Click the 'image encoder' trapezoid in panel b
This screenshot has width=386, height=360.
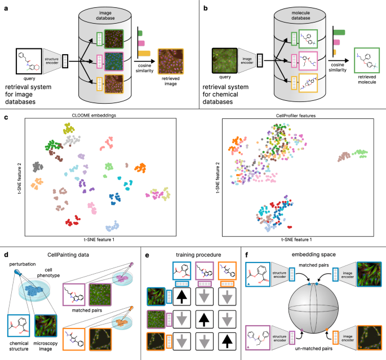[246, 59]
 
